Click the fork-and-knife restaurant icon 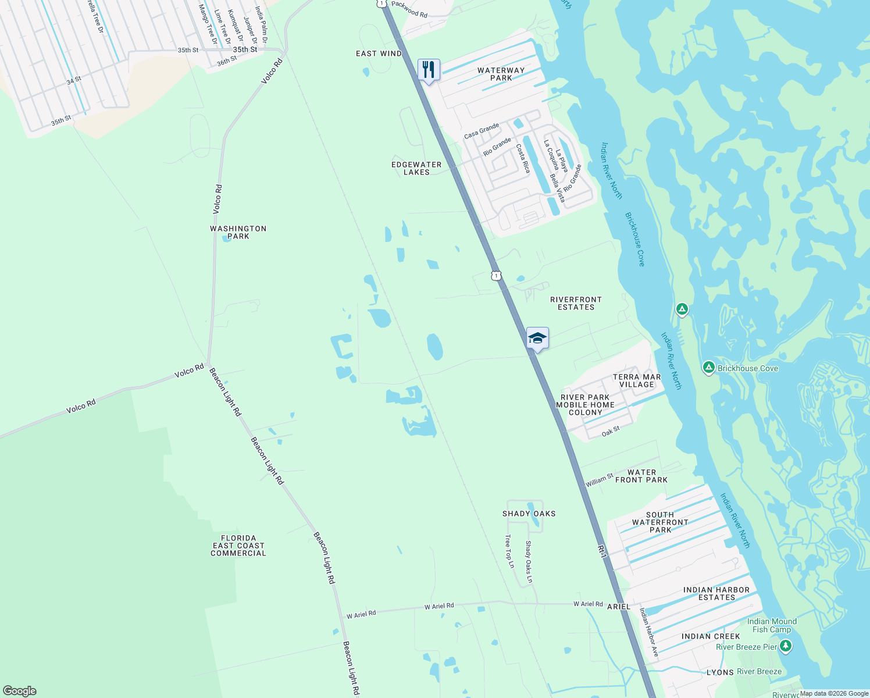point(429,70)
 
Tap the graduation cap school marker point(537,338)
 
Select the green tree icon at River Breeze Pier point(786,646)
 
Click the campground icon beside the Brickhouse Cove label point(708,368)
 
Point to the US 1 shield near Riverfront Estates point(495,275)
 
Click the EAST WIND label point(379,54)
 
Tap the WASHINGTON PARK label point(238,232)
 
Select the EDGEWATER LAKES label point(416,168)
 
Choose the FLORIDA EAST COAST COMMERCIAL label point(238,546)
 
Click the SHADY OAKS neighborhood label point(529,514)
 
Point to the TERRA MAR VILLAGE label point(637,380)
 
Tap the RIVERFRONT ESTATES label point(576,303)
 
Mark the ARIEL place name point(619,607)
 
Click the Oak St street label point(611,432)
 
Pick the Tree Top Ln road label point(510,551)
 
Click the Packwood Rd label point(409,9)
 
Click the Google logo point(20,691)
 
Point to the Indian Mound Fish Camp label point(772,625)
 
